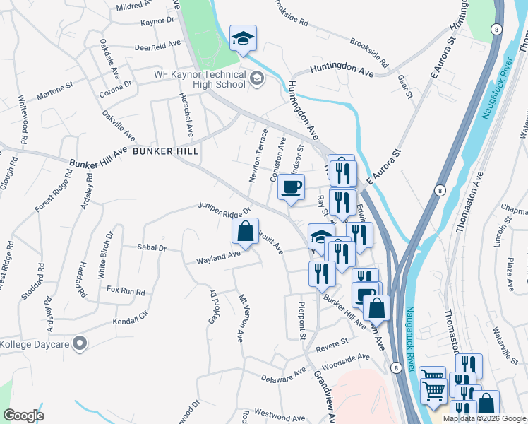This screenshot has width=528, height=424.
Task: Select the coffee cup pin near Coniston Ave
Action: [291, 188]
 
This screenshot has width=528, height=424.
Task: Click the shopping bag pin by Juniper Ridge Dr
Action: [244, 231]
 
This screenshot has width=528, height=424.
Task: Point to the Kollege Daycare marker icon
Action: [80, 344]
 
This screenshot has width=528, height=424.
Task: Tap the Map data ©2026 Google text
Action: [485, 418]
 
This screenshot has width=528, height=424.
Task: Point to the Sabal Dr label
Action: [151, 248]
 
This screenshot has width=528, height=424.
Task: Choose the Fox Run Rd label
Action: [125, 290]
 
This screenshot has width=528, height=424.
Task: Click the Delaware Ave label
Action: [283, 375]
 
